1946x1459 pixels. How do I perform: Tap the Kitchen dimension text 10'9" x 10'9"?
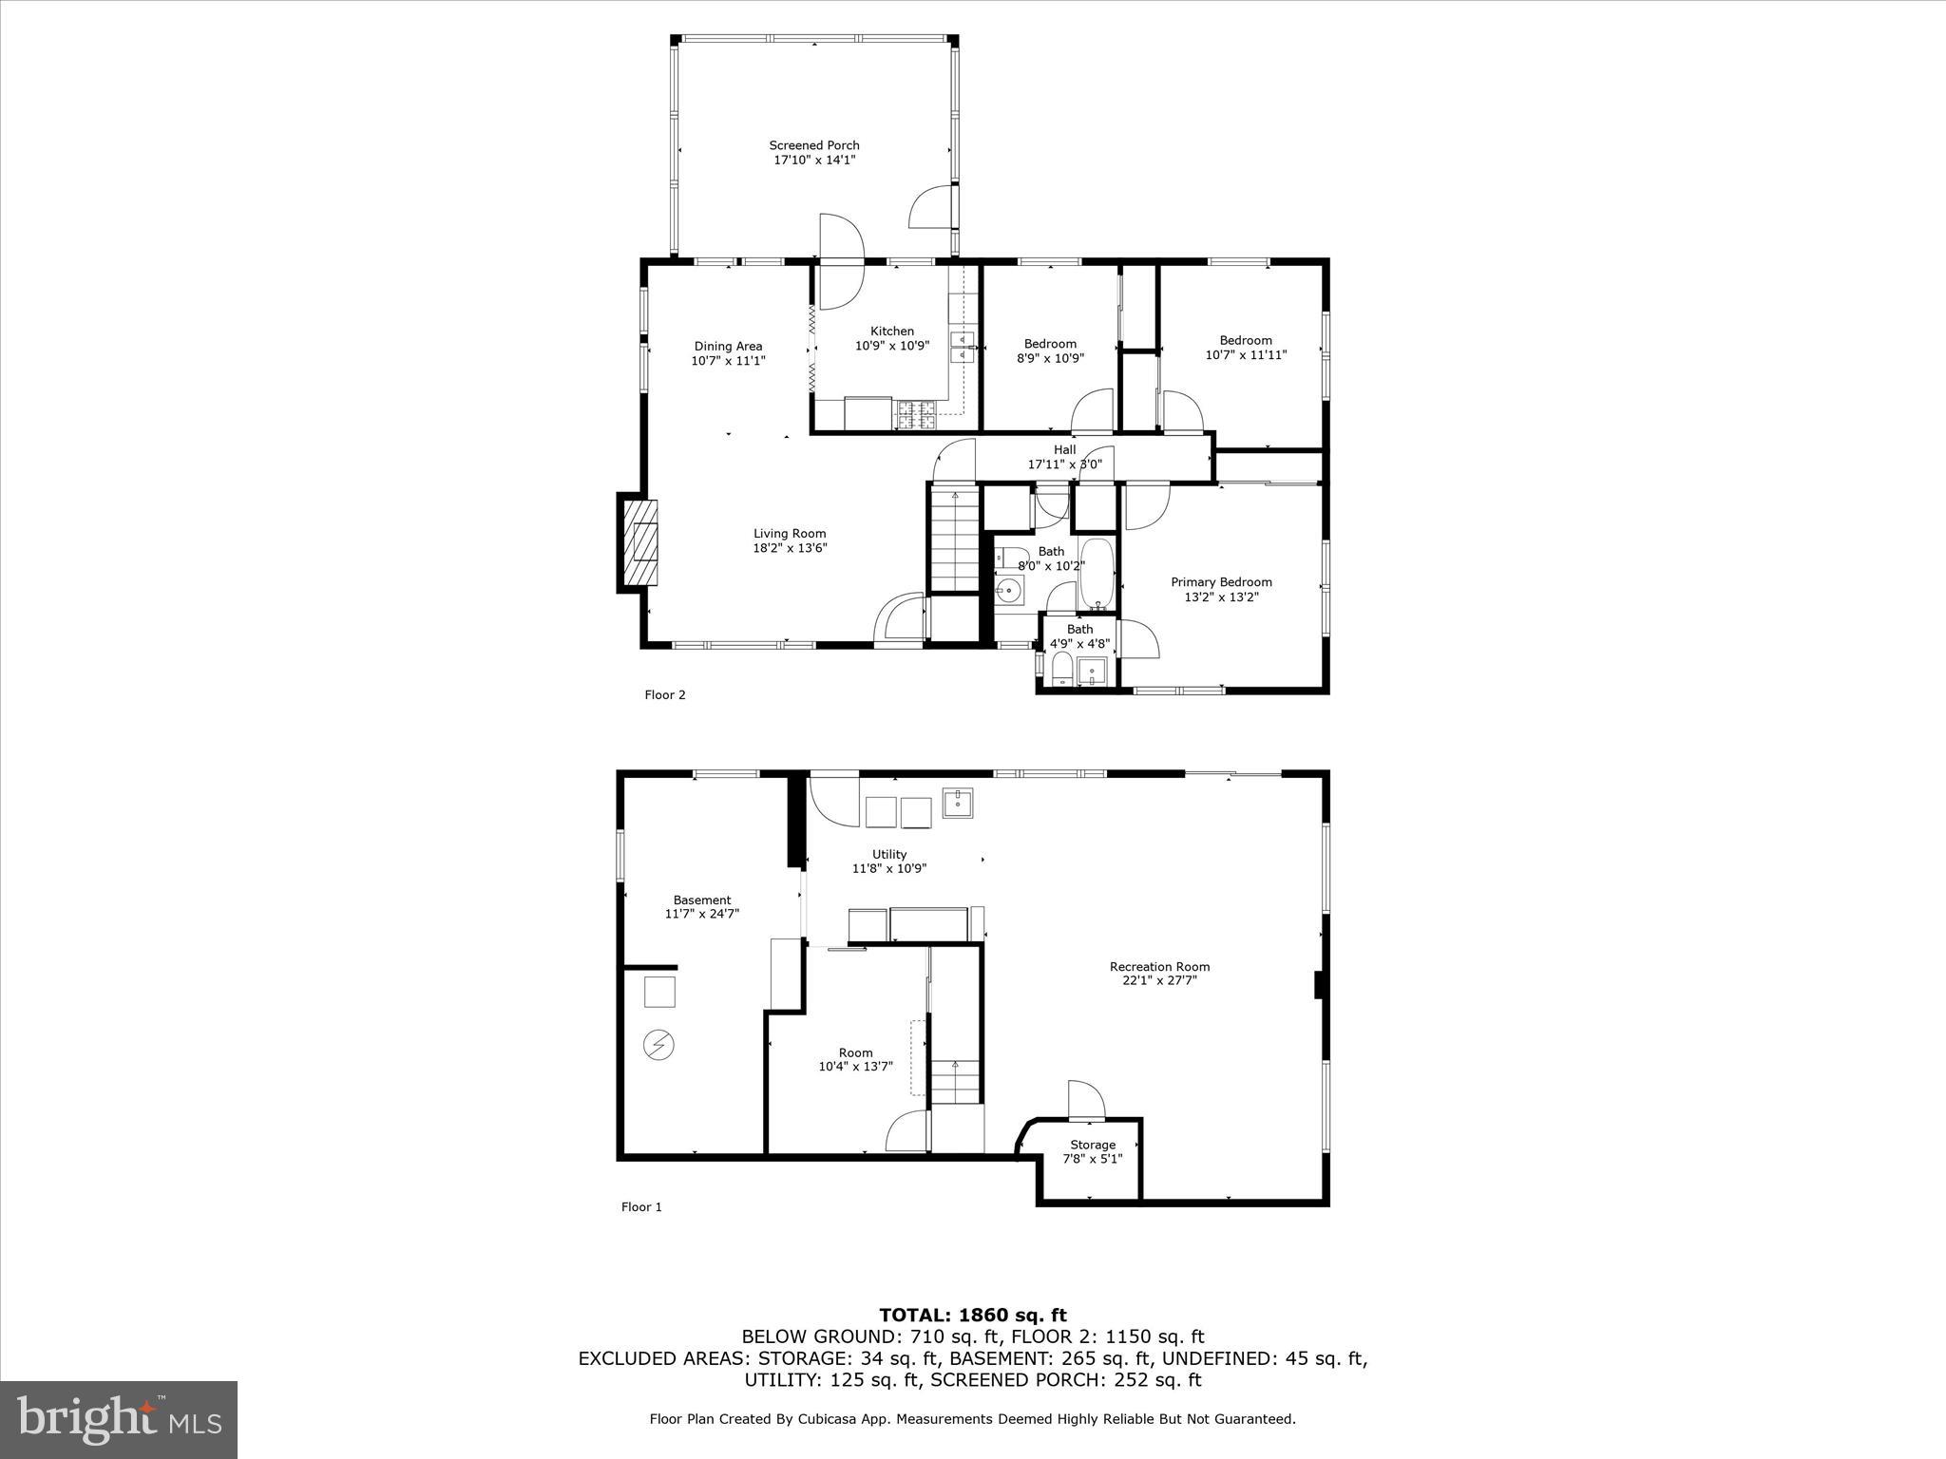[891, 347]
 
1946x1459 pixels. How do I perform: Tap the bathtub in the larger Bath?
[1097, 574]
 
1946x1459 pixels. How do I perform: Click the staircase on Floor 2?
[954, 539]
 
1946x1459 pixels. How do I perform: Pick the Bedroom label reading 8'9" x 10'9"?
[1050, 351]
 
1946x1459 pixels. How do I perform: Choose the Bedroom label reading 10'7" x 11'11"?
[1246, 348]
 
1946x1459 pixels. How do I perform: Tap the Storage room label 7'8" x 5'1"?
[1093, 1151]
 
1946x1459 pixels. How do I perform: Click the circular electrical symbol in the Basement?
[658, 1046]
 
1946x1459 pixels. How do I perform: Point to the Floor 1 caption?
[641, 1207]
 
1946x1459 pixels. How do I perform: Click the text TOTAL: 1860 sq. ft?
[972, 1316]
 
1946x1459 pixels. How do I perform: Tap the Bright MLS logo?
[119, 1420]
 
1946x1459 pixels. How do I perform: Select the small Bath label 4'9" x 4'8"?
[1079, 636]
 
